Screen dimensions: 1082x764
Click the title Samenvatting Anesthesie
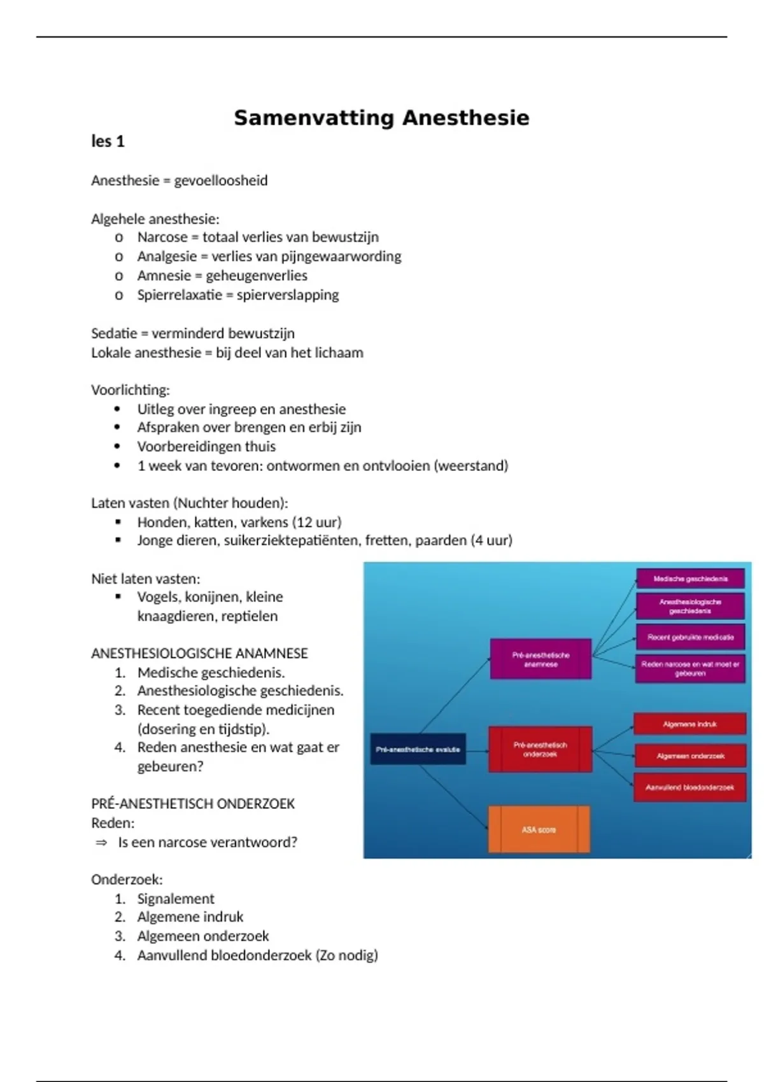381,118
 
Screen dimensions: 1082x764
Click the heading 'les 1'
108,141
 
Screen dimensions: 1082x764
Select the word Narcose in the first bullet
162,237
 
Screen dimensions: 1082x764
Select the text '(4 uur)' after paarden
492,540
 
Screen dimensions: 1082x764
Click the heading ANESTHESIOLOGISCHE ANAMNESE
199,654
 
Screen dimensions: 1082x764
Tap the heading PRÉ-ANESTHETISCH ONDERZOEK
193,804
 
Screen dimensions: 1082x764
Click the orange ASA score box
539,830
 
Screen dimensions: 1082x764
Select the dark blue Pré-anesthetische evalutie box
418,749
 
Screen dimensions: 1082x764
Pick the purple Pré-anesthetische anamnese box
541,659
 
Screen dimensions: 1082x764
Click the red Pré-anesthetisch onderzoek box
540,749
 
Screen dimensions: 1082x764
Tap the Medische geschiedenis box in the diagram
690,579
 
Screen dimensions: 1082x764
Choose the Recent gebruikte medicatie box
690,637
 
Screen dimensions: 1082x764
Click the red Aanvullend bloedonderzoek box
690,787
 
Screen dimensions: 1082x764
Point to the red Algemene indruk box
690,724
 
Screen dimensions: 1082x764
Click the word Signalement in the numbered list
176,899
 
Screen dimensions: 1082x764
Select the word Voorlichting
130,390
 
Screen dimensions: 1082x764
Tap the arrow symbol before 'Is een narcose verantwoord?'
101,843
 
